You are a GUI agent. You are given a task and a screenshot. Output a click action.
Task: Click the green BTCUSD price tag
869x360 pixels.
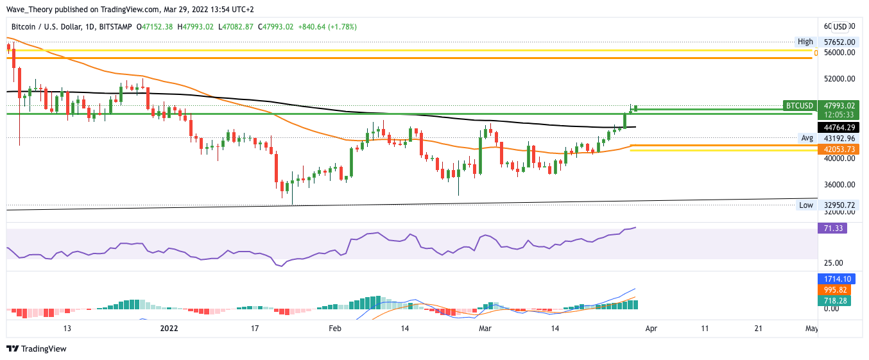[x=799, y=106]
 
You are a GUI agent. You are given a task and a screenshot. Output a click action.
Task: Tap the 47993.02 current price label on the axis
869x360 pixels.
[x=839, y=106]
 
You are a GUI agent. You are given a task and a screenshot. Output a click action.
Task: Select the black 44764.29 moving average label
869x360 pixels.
[x=839, y=127]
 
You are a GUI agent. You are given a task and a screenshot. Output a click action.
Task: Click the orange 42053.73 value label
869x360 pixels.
[x=839, y=149]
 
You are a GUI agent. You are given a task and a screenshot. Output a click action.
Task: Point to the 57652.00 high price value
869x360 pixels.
[x=839, y=42]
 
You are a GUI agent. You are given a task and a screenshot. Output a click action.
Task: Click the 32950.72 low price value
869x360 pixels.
[x=839, y=205]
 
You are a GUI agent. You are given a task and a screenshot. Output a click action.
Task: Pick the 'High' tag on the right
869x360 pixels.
[x=805, y=42]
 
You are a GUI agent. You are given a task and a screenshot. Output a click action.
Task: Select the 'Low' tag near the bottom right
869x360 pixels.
[x=805, y=205]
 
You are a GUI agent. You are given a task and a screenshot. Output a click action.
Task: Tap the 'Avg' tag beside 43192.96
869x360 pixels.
[x=807, y=138]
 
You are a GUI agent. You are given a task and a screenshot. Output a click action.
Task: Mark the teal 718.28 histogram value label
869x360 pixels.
[x=834, y=300]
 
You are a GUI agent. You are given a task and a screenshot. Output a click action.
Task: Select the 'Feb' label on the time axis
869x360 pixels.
[x=335, y=328]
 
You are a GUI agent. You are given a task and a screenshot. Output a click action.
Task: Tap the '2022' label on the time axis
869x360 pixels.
[x=169, y=328]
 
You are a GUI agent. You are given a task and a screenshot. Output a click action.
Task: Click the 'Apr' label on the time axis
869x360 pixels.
[x=651, y=328]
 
